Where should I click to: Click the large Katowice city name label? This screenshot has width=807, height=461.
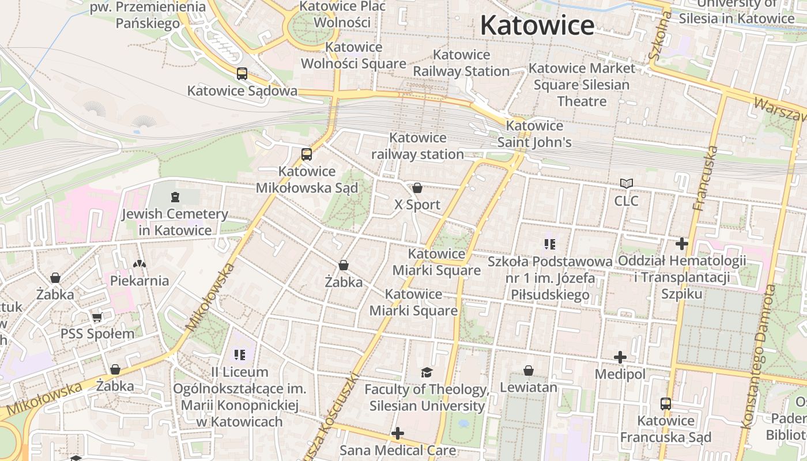tap(537, 25)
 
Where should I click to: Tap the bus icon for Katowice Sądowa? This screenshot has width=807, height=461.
tap(242, 74)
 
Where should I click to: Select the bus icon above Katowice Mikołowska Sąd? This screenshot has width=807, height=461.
tap(307, 154)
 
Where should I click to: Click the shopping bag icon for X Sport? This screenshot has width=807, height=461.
tap(417, 188)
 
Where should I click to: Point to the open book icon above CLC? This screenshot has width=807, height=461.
tap(626, 184)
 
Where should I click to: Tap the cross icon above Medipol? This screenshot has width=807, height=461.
tap(620, 357)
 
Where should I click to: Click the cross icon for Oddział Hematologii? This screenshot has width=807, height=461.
tap(682, 244)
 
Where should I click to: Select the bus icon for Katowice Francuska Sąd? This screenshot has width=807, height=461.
tap(666, 403)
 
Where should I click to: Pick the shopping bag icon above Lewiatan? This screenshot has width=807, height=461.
tap(529, 371)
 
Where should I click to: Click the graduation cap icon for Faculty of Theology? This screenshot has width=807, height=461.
tap(427, 372)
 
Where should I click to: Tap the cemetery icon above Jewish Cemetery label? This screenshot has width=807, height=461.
tap(175, 197)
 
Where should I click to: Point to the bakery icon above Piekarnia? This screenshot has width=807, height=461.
tap(139, 264)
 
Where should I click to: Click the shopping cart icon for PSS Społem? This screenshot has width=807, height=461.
tap(97, 317)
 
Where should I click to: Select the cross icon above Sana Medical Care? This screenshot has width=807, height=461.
tap(398, 433)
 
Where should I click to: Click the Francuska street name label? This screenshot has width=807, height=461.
tap(706, 178)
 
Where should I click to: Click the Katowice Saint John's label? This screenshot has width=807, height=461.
tap(534, 134)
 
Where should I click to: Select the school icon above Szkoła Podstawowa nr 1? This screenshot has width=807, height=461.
tap(550, 244)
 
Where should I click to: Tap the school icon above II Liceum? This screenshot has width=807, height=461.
tap(240, 354)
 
